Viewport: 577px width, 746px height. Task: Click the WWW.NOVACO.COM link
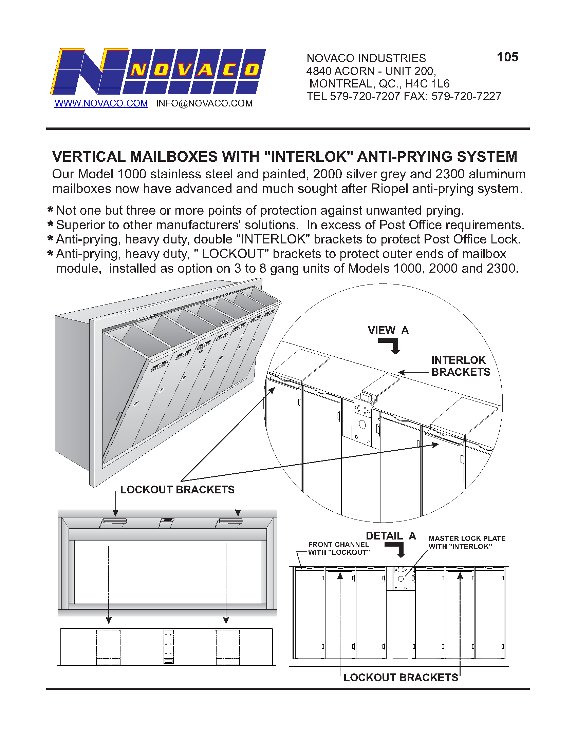(101, 103)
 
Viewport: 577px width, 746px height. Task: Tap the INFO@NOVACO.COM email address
(204, 103)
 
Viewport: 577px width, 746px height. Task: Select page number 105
(507, 57)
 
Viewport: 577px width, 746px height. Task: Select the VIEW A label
(388, 330)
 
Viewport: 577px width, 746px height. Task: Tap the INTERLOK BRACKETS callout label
(461, 366)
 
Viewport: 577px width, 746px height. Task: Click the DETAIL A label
(391, 536)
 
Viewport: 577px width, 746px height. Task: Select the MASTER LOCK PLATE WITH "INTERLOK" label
(467, 543)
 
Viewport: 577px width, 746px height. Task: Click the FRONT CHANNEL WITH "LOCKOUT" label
(339, 549)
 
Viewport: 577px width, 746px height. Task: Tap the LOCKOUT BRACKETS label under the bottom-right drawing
(401, 678)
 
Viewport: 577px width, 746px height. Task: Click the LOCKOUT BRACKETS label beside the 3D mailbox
(177, 490)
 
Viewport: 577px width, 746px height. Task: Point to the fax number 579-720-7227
(466, 96)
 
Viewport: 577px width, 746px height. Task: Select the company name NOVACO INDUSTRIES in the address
(366, 58)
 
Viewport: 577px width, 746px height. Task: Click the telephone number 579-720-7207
(365, 96)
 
